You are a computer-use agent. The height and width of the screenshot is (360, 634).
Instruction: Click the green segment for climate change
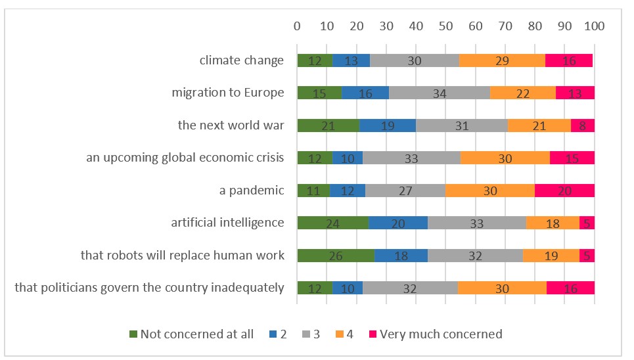click(x=315, y=60)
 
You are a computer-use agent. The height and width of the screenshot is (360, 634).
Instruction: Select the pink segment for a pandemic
click(x=564, y=191)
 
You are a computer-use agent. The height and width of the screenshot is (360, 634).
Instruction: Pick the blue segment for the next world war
click(x=388, y=125)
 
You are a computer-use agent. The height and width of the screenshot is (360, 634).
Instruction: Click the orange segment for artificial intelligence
click(x=553, y=223)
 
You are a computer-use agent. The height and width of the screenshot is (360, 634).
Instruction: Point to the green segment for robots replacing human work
click(x=336, y=256)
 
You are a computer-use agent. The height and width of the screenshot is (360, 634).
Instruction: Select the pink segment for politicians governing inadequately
click(x=570, y=288)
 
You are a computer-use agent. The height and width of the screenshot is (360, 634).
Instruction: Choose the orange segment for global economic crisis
click(x=505, y=158)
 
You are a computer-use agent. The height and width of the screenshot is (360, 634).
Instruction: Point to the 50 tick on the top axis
click(x=446, y=26)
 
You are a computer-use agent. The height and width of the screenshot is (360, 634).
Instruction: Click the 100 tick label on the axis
click(x=595, y=26)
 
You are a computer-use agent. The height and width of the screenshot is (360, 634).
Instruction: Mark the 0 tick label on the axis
click(x=298, y=26)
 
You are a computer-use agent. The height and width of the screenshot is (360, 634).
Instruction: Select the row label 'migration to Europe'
click(x=228, y=93)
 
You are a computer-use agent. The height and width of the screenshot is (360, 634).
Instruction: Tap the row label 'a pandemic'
click(x=252, y=191)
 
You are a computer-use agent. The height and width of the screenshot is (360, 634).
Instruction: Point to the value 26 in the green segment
click(x=336, y=256)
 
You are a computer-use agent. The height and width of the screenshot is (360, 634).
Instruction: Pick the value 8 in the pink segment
click(x=583, y=126)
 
